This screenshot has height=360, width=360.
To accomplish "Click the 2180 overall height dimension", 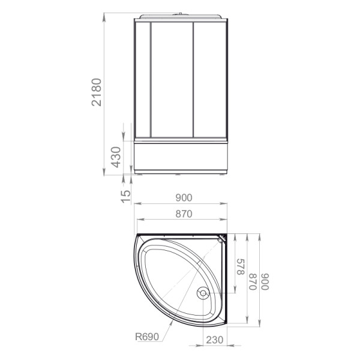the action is click(97, 92).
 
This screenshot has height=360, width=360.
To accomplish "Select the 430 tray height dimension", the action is click(116, 157).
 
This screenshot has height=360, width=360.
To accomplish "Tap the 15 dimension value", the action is click(126, 197).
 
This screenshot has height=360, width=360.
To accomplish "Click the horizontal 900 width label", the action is click(184, 197).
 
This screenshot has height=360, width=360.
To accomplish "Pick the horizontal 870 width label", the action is click(184, 214).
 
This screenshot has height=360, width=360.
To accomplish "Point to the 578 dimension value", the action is click(241, 267).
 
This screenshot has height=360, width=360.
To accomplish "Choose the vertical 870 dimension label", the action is click(253, 282).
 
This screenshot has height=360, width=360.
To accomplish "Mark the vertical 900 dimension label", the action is click(265, 282).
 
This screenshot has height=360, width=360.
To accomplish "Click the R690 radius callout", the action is click(147, 337).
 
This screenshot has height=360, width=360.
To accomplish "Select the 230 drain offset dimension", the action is click(215, 340).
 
